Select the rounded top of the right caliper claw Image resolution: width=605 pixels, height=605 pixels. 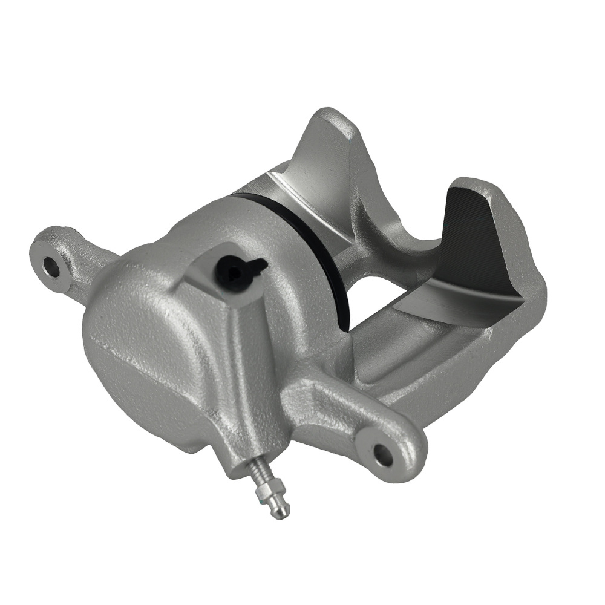(478, 185)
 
